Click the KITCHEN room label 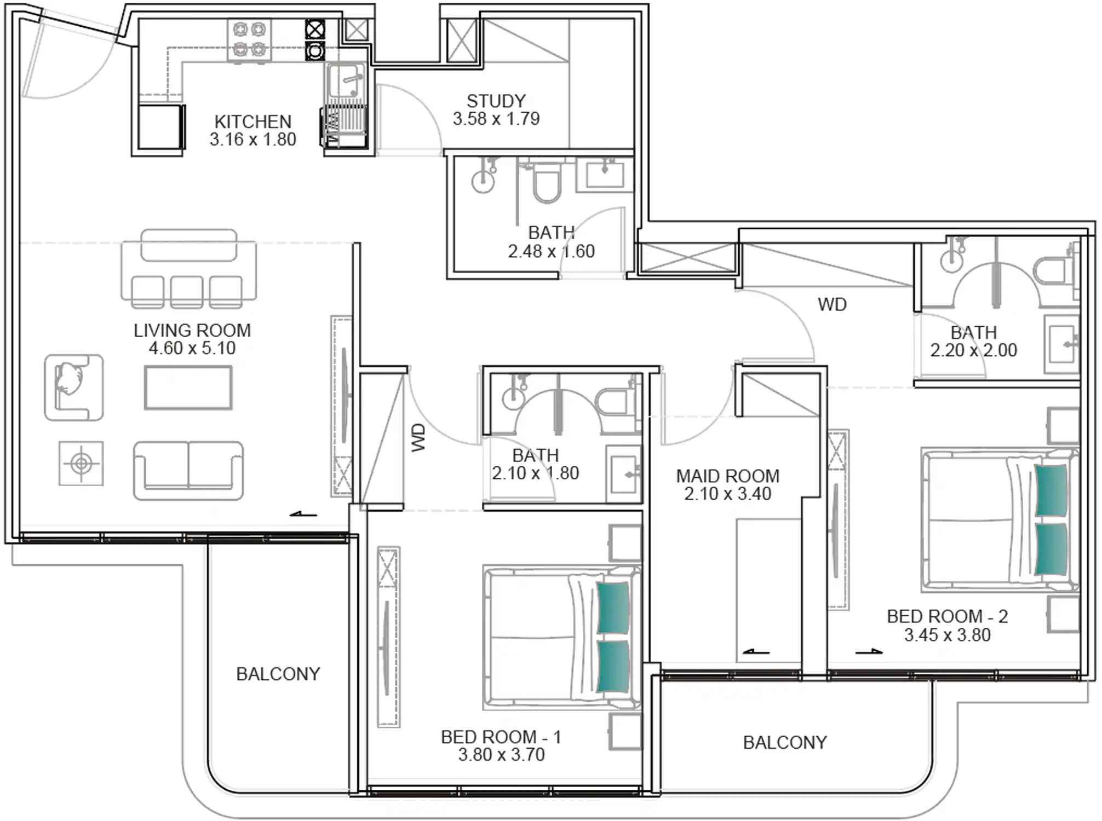point(252,122)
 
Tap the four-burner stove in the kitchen point(249,40)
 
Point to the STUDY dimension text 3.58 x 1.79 point(496,119)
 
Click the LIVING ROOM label point(192,330)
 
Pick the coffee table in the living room point(188,388)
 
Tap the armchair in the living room point(73,387)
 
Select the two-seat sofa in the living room point(188,470)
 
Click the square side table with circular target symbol point(81,464)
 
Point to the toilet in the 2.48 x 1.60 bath point(546,183)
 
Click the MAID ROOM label point(727,476)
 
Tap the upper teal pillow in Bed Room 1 point(613,608)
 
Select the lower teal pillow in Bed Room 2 point(1051,550)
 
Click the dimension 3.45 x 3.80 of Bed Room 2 point(947,635)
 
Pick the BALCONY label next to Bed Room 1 point(278,674)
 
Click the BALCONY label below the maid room point(785,742)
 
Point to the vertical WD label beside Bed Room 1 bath point(418,437)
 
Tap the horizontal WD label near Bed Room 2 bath point(832,304)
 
